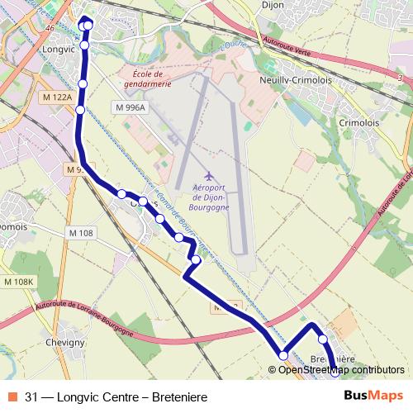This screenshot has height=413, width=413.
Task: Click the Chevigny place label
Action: point(65,342)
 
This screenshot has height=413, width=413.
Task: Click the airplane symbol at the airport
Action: point(208,177)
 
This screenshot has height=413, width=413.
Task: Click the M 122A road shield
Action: point(56,97)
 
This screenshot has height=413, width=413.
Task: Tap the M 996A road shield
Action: point(131,108)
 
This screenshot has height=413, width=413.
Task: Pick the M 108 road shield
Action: point(82,233)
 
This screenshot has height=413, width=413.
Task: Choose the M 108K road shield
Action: point(19,282)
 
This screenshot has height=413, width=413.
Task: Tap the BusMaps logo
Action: point(373,397)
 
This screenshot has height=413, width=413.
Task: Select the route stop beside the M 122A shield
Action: point(80,109)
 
